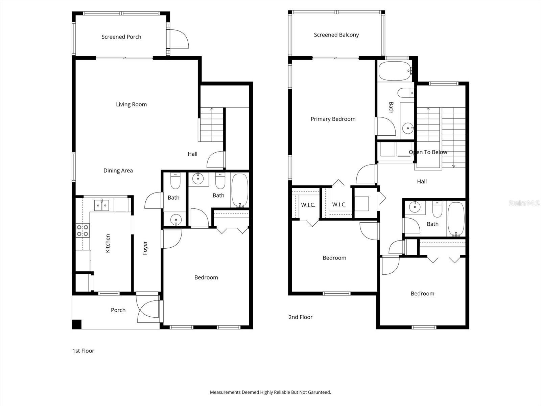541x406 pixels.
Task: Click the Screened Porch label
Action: tap(121, 37)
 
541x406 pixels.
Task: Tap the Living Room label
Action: tap(131, 104)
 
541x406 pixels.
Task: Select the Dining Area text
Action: tap(118, 171)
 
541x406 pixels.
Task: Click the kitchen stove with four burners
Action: tap(83, 230)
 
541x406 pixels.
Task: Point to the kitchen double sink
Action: tap(101, 205)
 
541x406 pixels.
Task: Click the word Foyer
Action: tap(145, 248)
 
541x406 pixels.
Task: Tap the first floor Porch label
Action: tap(118, 310)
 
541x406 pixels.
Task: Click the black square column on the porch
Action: tap(77, 324)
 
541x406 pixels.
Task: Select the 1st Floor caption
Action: tap(83, 351)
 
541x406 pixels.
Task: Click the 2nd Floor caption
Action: tap(300, 317)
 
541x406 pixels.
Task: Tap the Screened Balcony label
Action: tap(336, 35)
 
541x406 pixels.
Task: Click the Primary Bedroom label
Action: tap(333, 119)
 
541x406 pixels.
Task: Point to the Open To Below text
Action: tap(428, 152)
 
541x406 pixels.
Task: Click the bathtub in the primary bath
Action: tap(395, 71)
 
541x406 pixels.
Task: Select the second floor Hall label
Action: tap(422, 181)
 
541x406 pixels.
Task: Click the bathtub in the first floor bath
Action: tap(240, 190)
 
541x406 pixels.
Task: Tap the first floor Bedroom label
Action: tap(206, 277)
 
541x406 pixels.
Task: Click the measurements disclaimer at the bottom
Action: tap(270, 392)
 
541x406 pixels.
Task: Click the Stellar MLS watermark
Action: tap(524, 203)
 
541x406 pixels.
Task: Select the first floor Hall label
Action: tap(192, 154)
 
